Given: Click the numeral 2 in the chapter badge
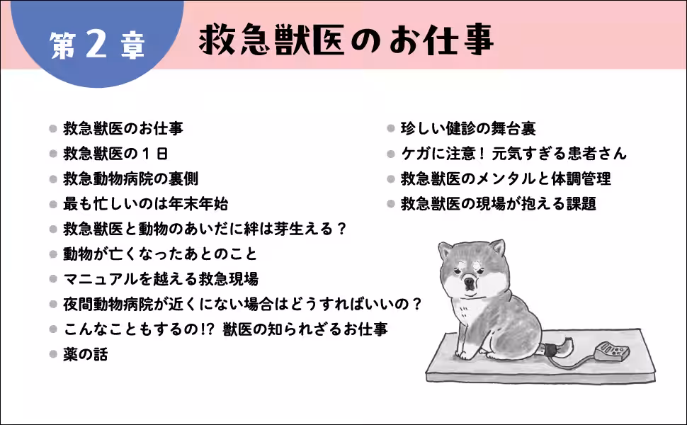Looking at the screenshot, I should point(98,43).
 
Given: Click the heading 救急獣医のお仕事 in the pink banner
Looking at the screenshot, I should point(346,40).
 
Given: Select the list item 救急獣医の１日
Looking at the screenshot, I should point(115,153).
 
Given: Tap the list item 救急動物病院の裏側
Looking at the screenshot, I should point(130,178).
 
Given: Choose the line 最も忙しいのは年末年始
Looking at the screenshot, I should point(145,204).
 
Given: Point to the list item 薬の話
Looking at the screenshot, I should point(85,354).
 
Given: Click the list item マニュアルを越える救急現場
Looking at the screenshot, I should point(161,278).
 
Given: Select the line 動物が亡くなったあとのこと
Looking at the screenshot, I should point(160,254).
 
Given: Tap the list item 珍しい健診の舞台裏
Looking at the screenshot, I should point(468,128).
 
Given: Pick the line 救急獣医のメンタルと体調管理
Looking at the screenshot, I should point(506,178).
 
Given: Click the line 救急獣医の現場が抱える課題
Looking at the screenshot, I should point(499,204).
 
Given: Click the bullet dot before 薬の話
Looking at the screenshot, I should point(52,354).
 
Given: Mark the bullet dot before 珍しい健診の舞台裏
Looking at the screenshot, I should point(390,128).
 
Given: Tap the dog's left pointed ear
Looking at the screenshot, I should point(445,250).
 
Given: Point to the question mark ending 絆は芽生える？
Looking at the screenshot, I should point(340,229).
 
